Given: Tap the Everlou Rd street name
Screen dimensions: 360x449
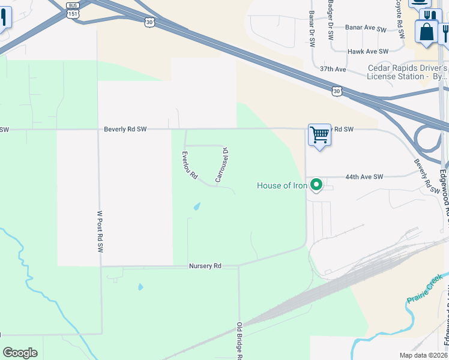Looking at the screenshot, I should pos(190,166).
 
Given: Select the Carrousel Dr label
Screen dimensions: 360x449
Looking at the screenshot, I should pos(221,164).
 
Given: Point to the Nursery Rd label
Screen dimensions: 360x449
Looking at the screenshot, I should pos(205,266).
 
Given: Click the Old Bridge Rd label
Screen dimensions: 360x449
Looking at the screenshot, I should pos(239,341).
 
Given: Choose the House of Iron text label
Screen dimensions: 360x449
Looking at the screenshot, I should pos(282,185).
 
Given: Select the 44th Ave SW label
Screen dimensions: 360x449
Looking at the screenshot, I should pos(364,177).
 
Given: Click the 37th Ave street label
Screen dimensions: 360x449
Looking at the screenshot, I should pos(333,70).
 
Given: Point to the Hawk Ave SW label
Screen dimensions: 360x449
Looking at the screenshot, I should pos(367,52).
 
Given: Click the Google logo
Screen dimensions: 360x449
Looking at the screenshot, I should pos(20,353).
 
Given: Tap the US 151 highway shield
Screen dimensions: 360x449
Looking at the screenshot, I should pos(73,13).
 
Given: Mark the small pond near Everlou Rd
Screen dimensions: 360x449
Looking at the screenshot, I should pos(196,207).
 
